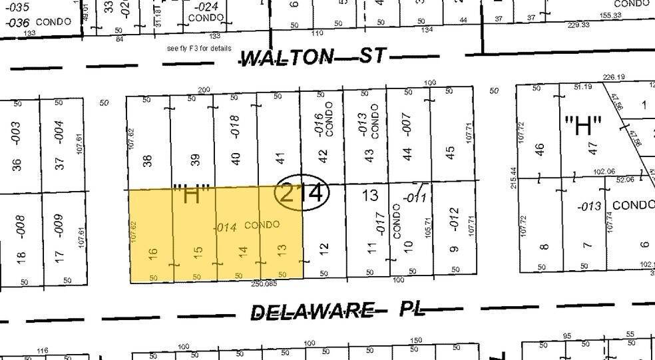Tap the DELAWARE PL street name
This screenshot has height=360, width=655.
337,311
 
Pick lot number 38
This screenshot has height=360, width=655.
148,160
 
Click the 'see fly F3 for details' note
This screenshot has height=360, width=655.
199,49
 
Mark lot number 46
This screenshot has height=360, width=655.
540,150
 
